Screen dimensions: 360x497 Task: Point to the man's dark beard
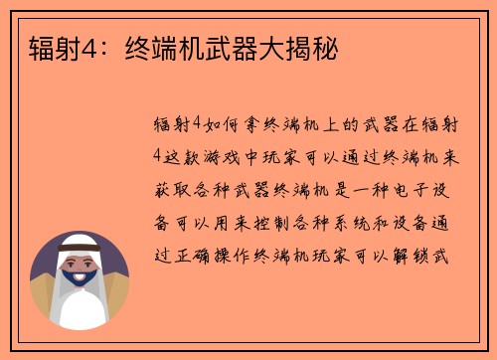click(x=80, y=294)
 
